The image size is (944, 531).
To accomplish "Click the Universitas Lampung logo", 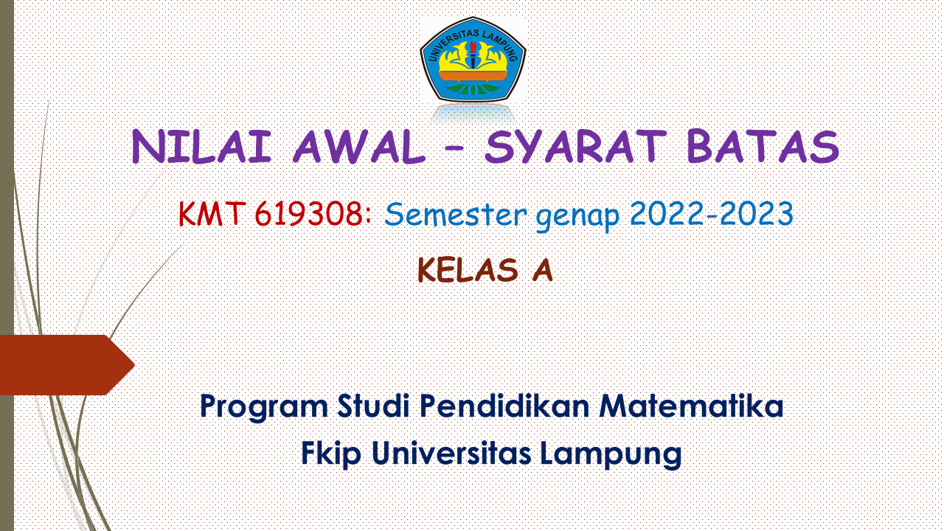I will coord(473,60).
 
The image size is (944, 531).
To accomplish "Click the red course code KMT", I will coord(212,215).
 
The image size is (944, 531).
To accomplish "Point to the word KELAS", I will coord(468,271).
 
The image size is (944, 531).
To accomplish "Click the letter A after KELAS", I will coord(542,271).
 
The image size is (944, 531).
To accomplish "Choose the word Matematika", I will coord(691,406).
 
